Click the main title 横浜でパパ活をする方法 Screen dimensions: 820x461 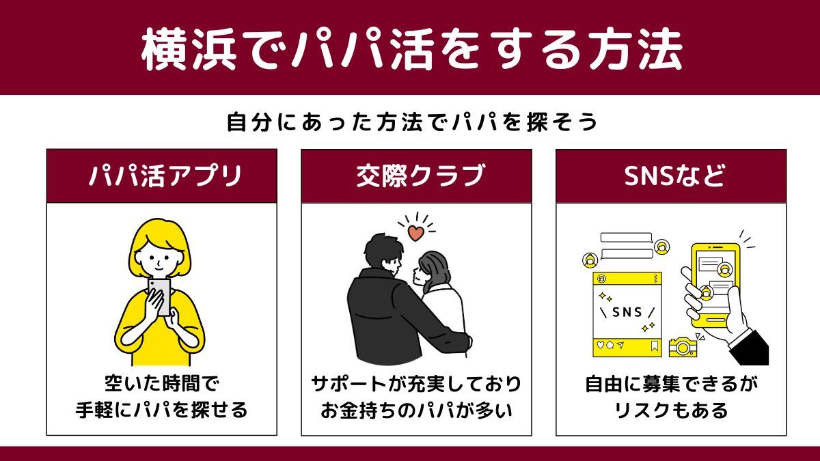point(411,48)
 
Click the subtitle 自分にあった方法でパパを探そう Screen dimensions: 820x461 point(412,122)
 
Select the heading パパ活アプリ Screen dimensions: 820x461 point(165,176)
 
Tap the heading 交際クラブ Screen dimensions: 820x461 point(421,176)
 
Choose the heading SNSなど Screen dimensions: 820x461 point(674,176)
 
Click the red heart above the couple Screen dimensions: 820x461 point(416,233)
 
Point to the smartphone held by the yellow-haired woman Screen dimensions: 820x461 point(160,297)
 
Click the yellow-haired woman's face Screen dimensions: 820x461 point(158,259)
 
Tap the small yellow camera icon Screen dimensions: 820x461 point(683,347)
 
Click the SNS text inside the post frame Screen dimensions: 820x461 point(627,312)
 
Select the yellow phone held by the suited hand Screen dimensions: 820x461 point(715,285)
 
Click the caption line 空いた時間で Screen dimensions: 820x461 point(162,384)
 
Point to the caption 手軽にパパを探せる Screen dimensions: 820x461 point(162,410)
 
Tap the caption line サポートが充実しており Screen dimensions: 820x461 point(416,384)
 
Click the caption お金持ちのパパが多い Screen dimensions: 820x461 point(416,410)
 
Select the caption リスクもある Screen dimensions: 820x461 point(671,410)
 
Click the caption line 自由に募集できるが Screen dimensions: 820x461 point(671,384)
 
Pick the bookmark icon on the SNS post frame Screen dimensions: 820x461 point(655,346)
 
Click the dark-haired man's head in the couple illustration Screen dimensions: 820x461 point(383,252)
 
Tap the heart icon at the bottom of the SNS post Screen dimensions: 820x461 point(601,345)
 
